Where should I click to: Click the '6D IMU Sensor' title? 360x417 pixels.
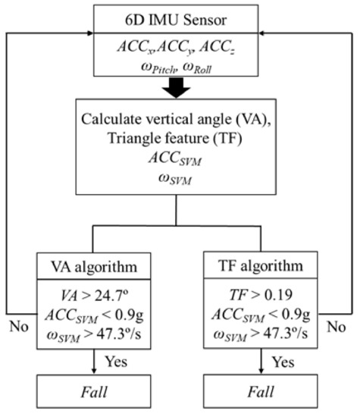tap(180, 17)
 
